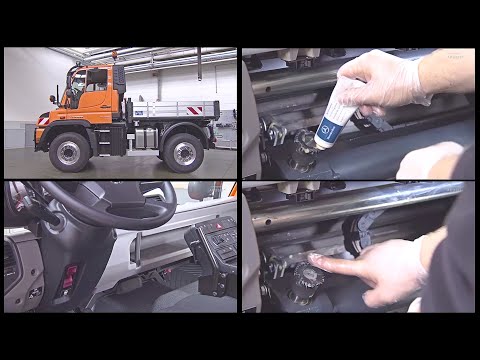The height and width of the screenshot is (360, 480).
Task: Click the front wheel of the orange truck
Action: [70, 152]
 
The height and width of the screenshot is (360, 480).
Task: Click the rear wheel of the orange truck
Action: [183, 152]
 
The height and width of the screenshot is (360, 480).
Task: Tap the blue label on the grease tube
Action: [329, 129]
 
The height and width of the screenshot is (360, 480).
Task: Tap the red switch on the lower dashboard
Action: [70, 274]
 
